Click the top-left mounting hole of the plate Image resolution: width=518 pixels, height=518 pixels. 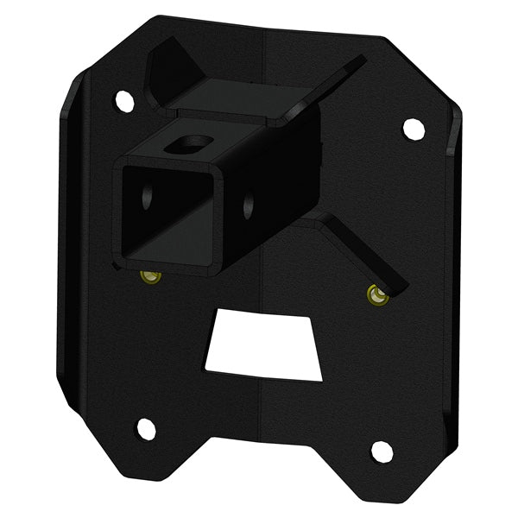[x=125, y=101]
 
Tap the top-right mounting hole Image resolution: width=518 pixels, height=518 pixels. [x=414, y=129]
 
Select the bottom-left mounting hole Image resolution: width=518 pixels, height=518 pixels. [x=146, y=428]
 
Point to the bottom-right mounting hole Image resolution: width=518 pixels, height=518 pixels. [x=382, y=451]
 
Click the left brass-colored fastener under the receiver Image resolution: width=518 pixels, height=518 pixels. [x=151, y=276]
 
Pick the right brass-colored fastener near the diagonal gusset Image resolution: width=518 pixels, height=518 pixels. [x=376, y=294]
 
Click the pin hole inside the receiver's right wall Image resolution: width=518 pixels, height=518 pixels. [x=249, y=204]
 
